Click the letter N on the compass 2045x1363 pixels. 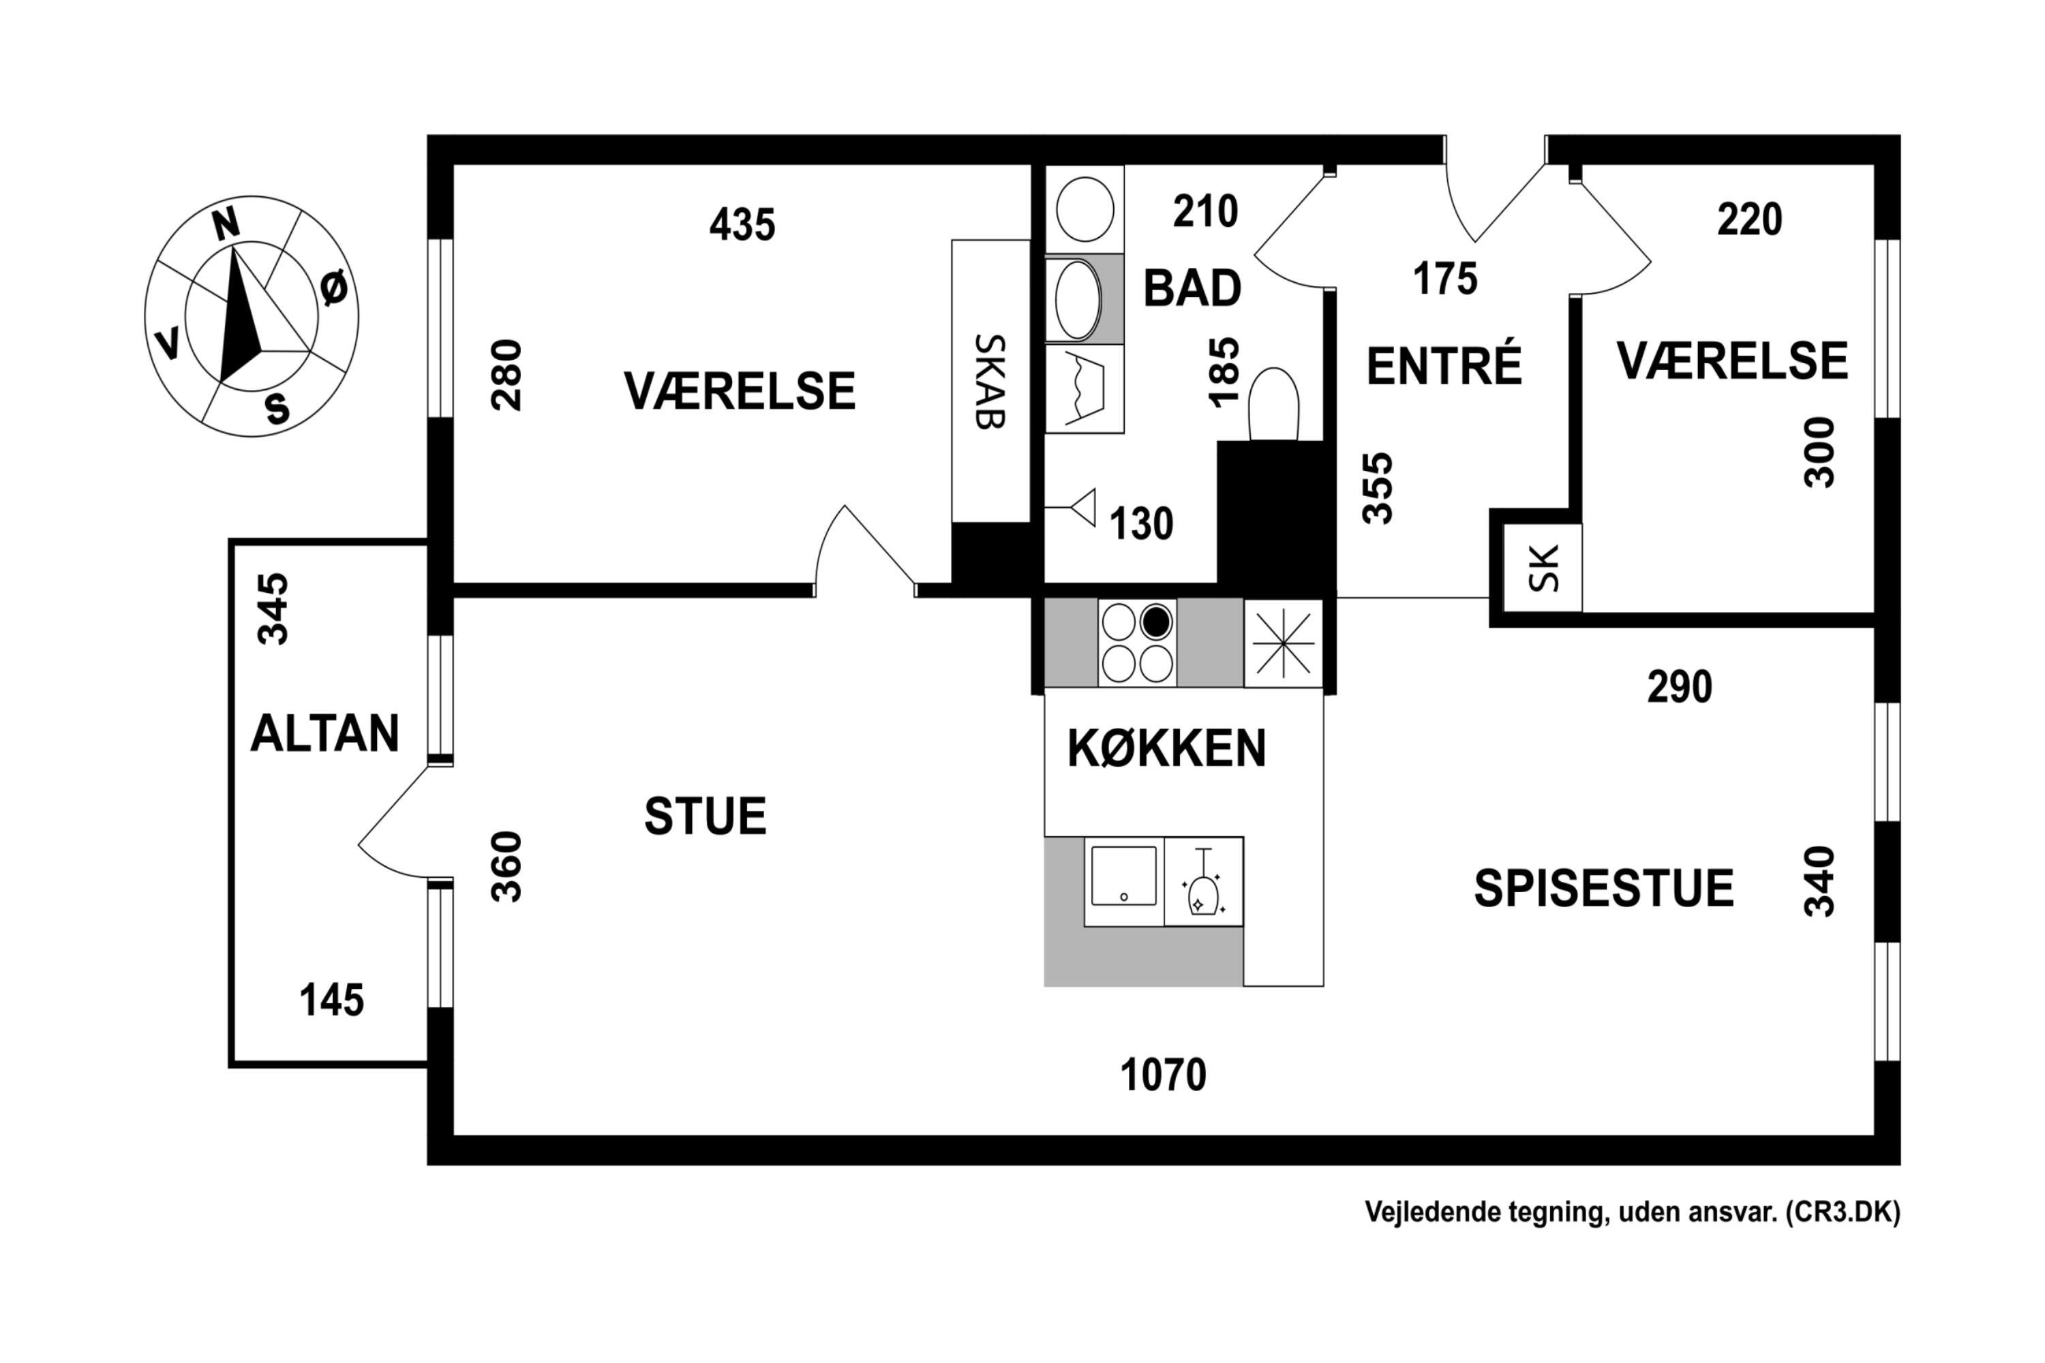click(226, 224)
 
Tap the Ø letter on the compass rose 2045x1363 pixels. click(334, 288)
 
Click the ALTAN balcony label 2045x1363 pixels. click(324, 733)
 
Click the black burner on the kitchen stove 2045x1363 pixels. click(1156, 622)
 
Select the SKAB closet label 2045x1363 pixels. click(990, 382)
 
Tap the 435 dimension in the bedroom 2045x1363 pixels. click(742, 225)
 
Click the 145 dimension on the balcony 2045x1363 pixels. click(331, 1000)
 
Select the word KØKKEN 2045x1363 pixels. click(1166, 748)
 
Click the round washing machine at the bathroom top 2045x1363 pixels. click(1085, 209)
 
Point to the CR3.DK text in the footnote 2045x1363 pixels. click(1843, 1212)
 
